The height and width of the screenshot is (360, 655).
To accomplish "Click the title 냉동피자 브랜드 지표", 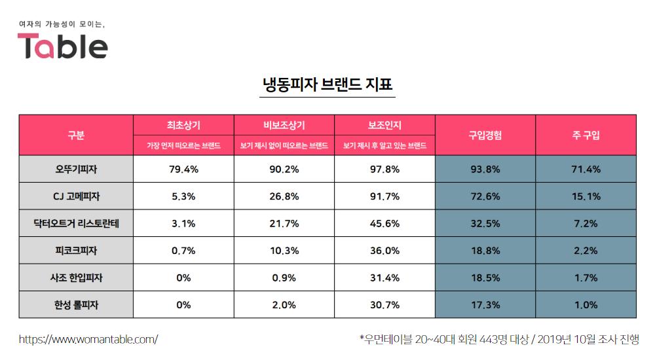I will pos(327,85).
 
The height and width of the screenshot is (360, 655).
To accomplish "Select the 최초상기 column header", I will pos(183,125).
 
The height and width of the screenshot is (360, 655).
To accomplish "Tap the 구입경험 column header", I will pos(485,135).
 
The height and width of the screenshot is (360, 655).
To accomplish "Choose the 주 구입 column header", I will pos(586,135).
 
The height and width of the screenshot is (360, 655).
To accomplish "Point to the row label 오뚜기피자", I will pos(76,169).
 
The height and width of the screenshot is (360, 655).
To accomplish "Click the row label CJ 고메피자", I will pos(76,196).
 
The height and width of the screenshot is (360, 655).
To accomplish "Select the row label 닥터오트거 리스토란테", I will pos(76,223).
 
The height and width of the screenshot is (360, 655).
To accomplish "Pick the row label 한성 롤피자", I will pos(76,304).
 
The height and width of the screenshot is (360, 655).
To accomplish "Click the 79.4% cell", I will pos(183,169).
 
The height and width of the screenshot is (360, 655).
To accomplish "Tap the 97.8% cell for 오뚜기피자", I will pos(384,169).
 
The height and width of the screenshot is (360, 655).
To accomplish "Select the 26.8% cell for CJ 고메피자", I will pos(284,196).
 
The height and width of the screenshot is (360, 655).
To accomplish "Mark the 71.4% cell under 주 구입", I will pos(586,169).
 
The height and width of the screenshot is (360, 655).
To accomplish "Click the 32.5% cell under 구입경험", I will pos(485,223).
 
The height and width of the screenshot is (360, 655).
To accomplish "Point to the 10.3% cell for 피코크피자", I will pos(284,251).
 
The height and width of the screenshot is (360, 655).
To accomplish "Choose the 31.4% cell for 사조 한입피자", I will pos(384,278).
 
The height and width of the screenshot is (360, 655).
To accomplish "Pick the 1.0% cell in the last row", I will pos(586,304).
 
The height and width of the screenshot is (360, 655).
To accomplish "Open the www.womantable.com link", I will pos(88,339).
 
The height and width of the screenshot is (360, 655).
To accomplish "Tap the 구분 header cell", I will pos(76,135).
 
